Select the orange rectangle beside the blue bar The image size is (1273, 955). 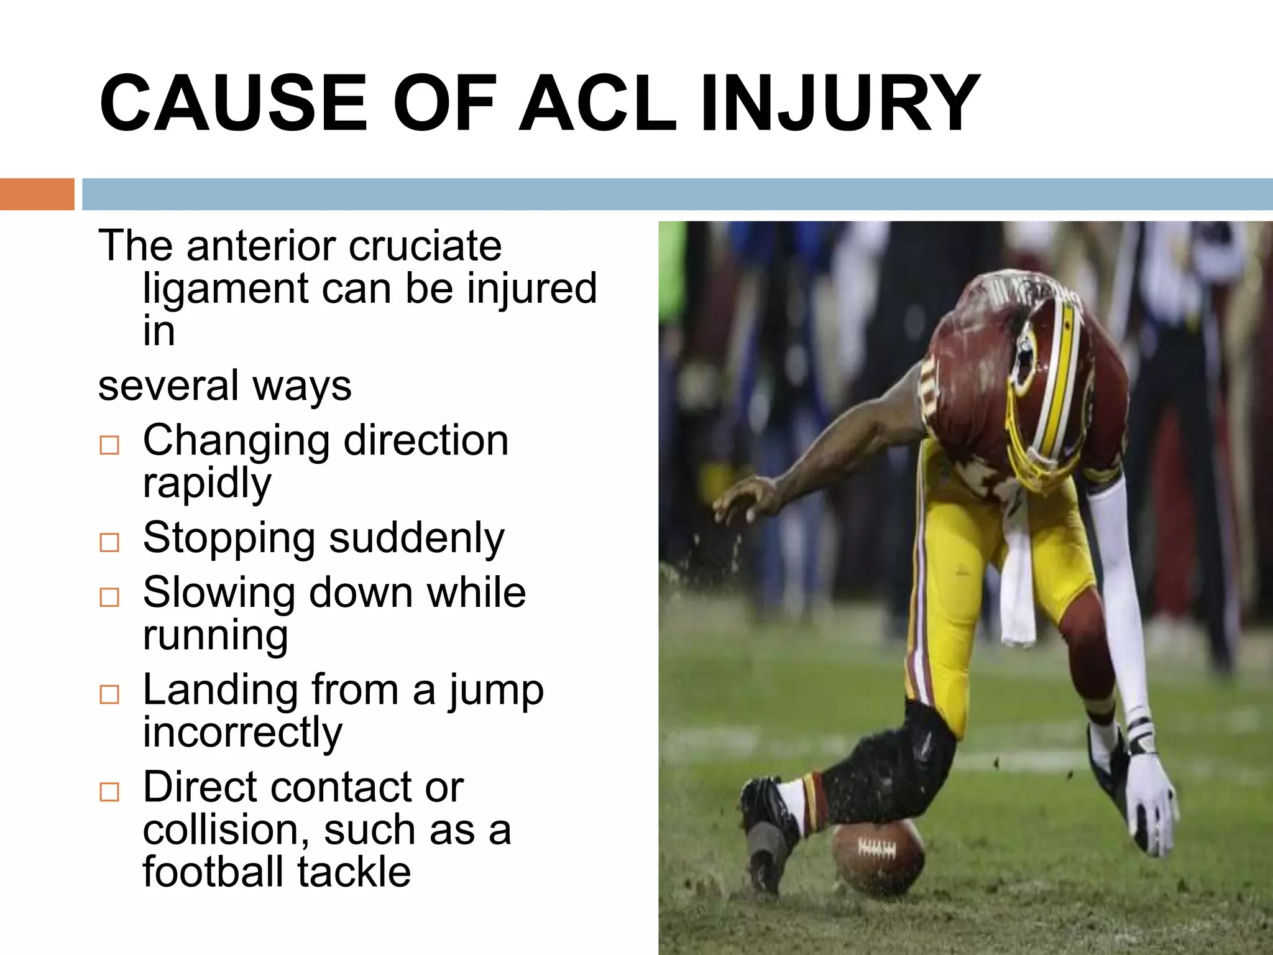pyautogui.click(x=37, y=194)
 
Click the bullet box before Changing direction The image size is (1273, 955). pyautogui.click(x=109, y=445)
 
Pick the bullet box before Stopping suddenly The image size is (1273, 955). pyautogui.click(x=109, y=542)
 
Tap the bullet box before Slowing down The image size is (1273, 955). pyautogui.click(x=109, y=597)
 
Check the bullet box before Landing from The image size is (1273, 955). pyautogui.click(x=109, y=694)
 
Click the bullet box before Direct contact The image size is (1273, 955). pyautogui.click(x=109, y=791)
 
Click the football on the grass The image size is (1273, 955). pyautogui.click(x=878, y=857)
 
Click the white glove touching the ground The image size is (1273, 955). pyautogui.click(x=1150, y=802)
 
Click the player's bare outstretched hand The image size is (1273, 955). pyautogui.click(x=743, y=497)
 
